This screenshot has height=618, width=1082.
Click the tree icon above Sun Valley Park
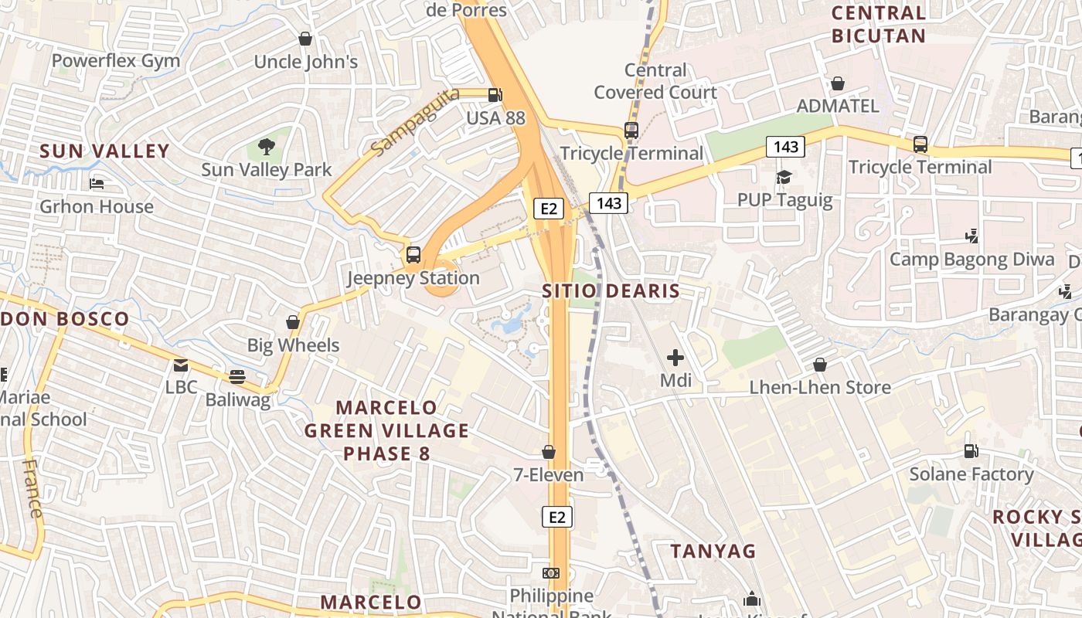pos(266,145)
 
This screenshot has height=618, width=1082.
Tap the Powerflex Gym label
pos(115,61)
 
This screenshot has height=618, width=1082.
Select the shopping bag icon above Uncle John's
pos(305,38)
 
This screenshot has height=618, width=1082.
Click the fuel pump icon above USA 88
pos(495,95)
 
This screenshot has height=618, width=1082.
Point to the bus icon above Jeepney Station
pos(413,254)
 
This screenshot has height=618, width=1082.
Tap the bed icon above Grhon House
pos(97,184)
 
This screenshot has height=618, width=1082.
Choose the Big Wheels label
pos(293,345)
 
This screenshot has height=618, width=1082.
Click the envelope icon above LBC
pos(181,365)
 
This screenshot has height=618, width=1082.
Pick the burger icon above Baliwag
pos(237,377)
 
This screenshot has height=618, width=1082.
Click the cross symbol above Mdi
pos(675,357)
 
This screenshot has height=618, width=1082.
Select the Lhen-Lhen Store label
pos(820,387)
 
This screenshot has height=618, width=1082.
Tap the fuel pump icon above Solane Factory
pos(971,450)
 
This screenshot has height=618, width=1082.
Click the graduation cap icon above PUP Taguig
pos(784,178)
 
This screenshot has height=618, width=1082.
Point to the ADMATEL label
pos(838,106)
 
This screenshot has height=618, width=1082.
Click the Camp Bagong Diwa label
pos(971,259)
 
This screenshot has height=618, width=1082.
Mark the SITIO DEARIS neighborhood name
pos(611,291)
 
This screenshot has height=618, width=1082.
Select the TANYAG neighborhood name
pos(713,551)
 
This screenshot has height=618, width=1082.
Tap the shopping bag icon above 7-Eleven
pos(549,451)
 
